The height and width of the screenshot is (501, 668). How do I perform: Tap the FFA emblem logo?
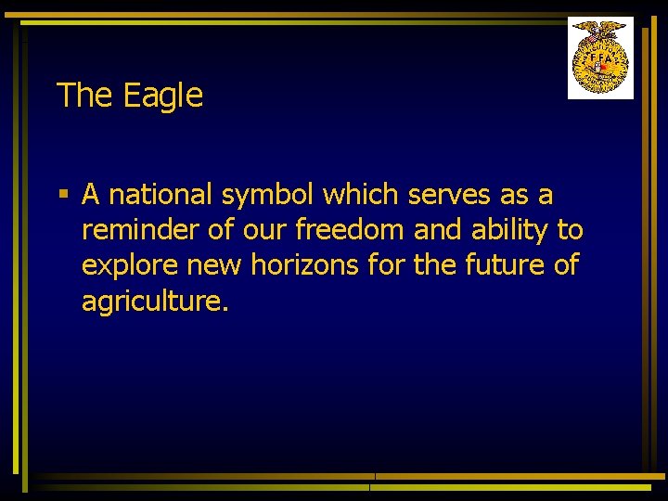pos(600,58)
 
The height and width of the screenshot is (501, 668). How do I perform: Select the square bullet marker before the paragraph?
pos(63,195)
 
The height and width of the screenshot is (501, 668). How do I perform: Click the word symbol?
pos(268,196)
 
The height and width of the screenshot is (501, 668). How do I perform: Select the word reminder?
pos(138,230)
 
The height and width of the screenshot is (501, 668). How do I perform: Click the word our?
pos(261,230)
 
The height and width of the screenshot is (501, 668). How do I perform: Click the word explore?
pos(130,266)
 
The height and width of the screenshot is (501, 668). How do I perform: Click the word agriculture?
pos(154,302)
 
